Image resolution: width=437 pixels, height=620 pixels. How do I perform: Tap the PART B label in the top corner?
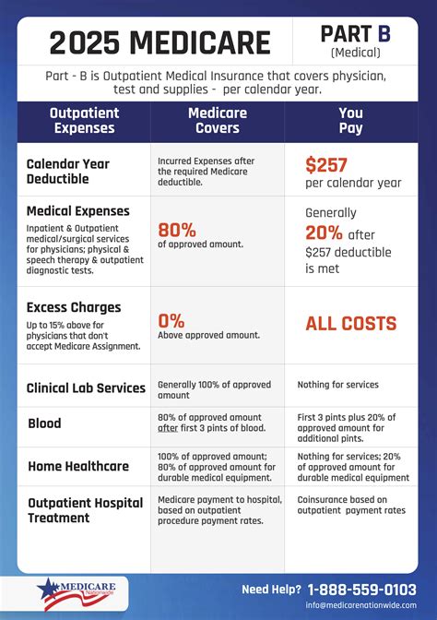[x=355, y=34]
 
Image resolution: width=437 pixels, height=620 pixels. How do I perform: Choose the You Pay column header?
[x=350, y=121]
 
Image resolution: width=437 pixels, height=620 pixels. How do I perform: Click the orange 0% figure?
[x=171, y=321]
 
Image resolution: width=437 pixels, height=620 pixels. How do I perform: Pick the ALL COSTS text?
[x=350, y=324]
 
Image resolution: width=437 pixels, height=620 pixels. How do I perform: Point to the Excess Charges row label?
[x=74, y=307]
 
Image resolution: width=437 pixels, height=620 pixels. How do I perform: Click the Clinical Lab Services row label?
[x=86, y=387]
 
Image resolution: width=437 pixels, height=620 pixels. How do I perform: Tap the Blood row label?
[x=44, y=423]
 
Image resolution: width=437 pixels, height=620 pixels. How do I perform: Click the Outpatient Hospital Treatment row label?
[x=85, y=510]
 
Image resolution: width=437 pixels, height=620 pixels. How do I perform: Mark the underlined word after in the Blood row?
[x=169, y=429]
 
